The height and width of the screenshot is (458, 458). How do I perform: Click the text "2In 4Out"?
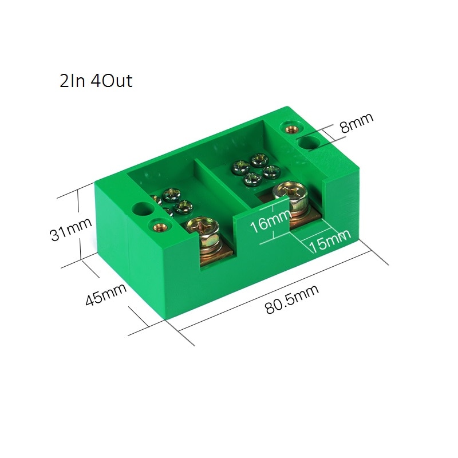pos(96,81)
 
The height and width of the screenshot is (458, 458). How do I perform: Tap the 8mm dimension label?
pos(356,123)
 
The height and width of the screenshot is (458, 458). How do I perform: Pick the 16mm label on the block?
pos(262,221)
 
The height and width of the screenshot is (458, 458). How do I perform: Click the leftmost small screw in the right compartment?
pos(238,168)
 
